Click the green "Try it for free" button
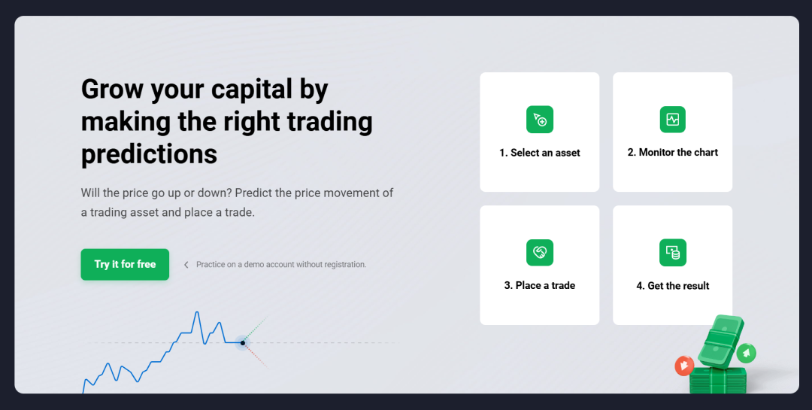125,264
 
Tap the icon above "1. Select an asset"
540,120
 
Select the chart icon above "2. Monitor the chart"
672,120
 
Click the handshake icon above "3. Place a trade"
540,253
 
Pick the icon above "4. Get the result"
672,253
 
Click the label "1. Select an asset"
540,153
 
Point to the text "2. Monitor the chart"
672,152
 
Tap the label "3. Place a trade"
540,286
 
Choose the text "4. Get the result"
672,286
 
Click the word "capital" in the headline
250,90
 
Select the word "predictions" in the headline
149,153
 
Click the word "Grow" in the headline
112,90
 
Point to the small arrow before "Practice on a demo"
186,265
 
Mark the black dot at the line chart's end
243,343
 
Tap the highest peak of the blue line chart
197,312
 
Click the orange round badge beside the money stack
683,366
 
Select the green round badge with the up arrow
747,352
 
